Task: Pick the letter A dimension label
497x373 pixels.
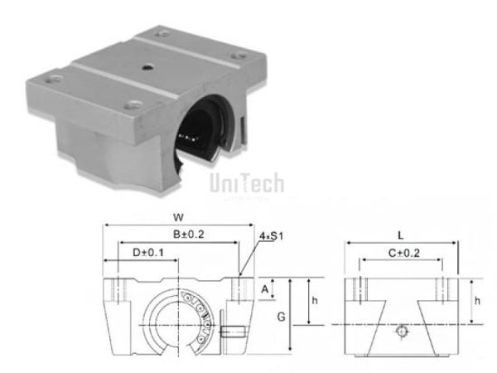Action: pos(264,290)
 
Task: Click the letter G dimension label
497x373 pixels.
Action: pos(281,317)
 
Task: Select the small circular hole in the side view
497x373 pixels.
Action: pos(402,332)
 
